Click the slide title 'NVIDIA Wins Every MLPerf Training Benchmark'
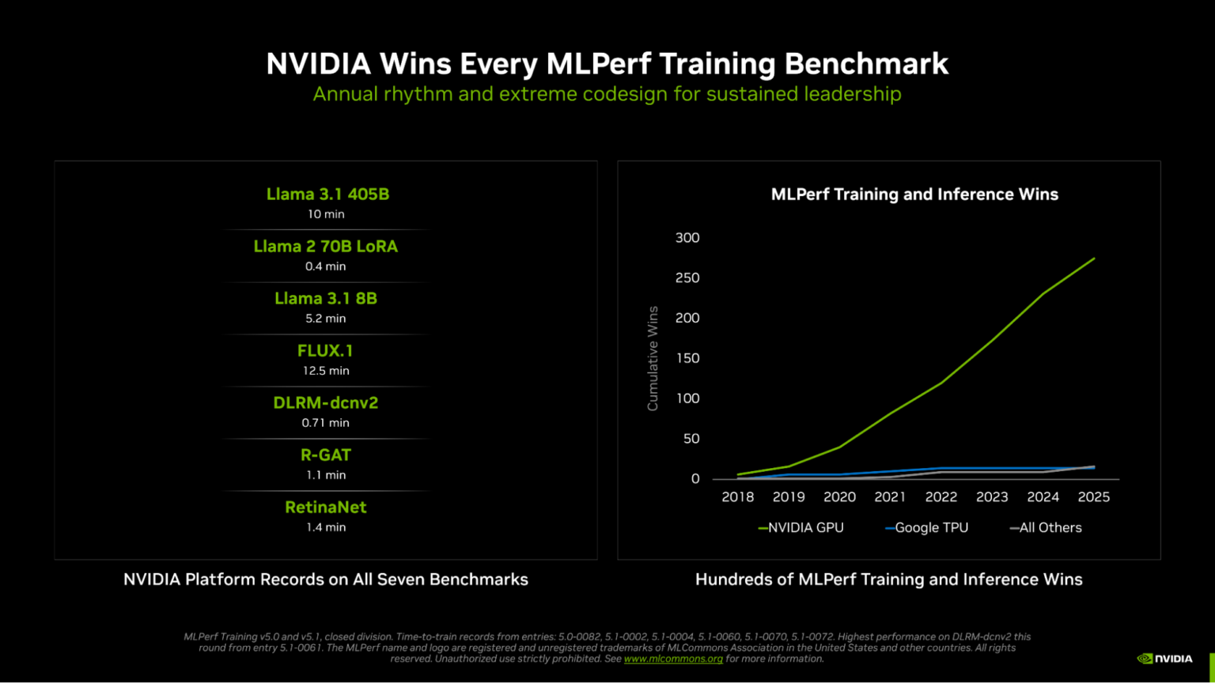click(x=607, y=64)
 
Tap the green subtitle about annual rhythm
click(x=607, y=94)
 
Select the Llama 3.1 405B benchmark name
click(x=327, y=194)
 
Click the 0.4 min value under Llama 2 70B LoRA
click(x=325, y=266)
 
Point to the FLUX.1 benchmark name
click(x=325, y=351)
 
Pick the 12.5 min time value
click(x=325, y=371)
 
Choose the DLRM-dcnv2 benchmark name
click(x=325, y=403)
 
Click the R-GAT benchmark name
click(x=325, y=455)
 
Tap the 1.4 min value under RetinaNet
click(x=325, y=527)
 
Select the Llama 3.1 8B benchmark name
click(x=325, y=299)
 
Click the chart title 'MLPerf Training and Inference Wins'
click(x=914, y=194)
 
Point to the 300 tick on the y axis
click(x=687, y=238)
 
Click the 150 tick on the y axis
click(x=687, y=358)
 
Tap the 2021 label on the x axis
click(x=890, y=497)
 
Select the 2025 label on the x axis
click(x=1093, y=497)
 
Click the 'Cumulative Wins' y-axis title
click(x=653, y=358)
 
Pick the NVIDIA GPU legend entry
click(x=801, y=528)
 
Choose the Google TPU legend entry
click(x=927, y=528)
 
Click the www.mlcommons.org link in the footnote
click(x=673, y=658)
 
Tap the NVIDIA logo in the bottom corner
click(x=1164, y=658)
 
